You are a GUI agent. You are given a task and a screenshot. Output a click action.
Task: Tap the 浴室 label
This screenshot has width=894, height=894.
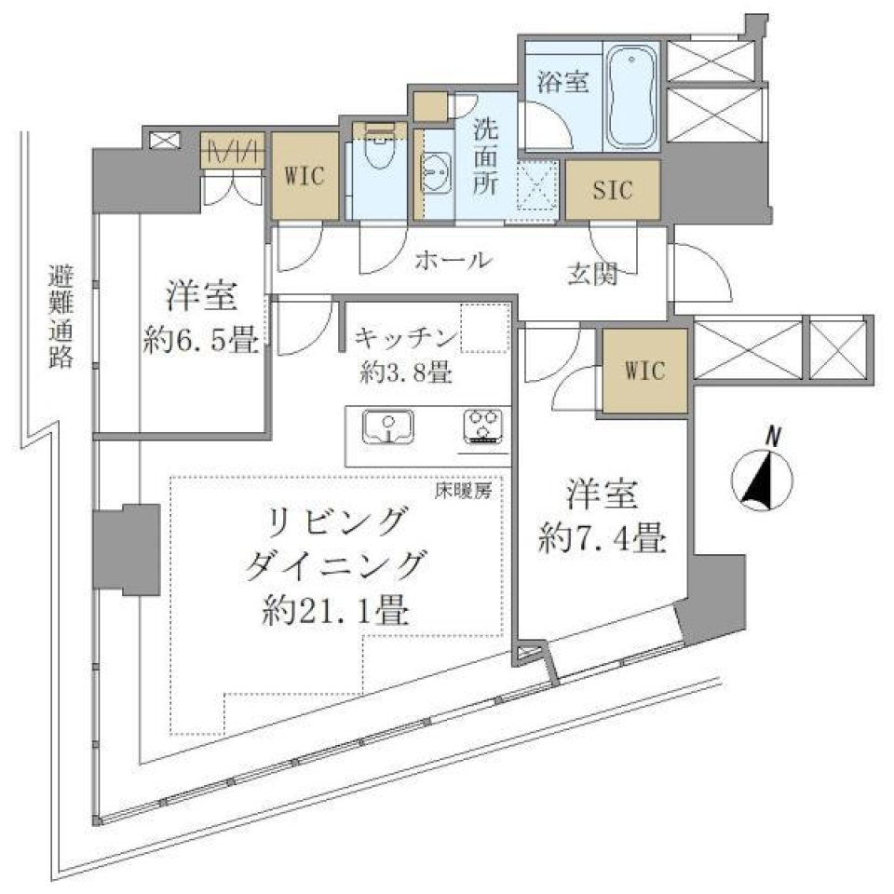562,82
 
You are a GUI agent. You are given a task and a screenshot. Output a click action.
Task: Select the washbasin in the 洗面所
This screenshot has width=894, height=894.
436,171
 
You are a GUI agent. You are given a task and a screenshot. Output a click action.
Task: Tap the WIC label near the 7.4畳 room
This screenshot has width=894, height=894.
644,372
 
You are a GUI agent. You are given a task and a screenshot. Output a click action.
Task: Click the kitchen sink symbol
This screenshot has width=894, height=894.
389,427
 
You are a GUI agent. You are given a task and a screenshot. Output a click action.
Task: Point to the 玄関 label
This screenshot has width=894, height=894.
597,275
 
